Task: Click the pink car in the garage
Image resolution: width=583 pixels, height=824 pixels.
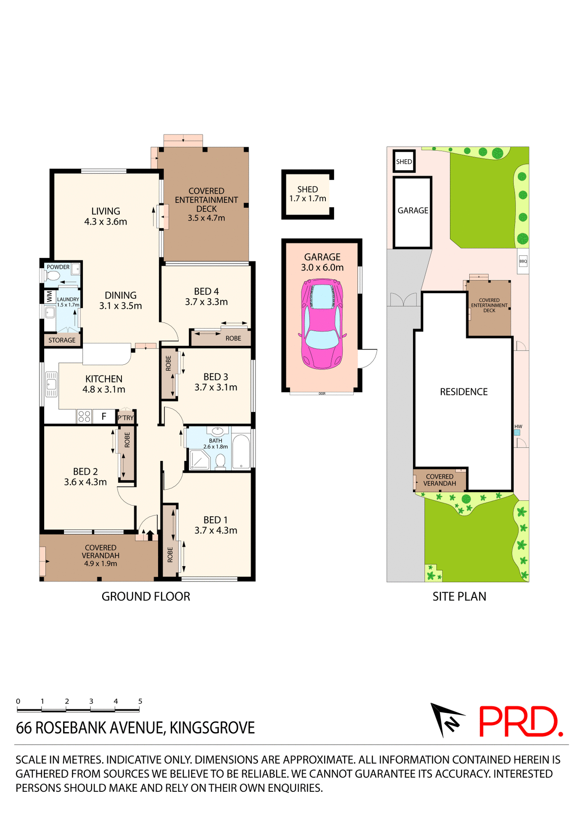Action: pyautogui.click(x=322, y=324)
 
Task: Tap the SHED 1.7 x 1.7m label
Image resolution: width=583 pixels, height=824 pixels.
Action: pyautogui.click(x=307, y=194)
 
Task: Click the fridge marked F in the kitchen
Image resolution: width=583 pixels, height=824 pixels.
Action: pyautogui.click(x=104, y=416)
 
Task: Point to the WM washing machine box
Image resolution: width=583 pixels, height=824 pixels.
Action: pyautogui.click(x=49, y=297)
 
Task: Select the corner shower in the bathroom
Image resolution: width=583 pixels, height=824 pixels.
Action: pyautogui.click(x=199, y=460)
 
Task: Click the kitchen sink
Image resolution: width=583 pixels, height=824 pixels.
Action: pyautogui.click(x=52, y=384)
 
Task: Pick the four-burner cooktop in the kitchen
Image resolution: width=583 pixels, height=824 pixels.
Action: pyautogui.click(x=85, y=416)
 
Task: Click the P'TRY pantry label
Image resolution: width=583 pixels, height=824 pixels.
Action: pyautogui.click(x=126, y=418)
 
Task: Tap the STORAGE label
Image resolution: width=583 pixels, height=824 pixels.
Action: pyautogui.click(x=62, y=340)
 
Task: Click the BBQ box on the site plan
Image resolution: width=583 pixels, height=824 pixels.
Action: pyautogui.click(x=523, y=261)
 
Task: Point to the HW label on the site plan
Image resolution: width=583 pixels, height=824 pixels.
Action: pyautogui.click(x=518, y=427)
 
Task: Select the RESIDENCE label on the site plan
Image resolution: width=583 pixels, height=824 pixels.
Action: pyautogui.click(x=464, y=392)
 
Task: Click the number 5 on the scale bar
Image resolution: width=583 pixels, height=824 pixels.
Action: pyautogui.click(x=140, y=701)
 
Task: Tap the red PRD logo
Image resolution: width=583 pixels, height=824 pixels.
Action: pyautogui.click(x=520, y=722)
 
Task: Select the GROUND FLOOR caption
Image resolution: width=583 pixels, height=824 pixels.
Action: pyautogui.click(x=146, y=597)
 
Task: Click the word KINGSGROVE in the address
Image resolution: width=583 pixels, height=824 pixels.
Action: pyautogui.click(x=212, y=728)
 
